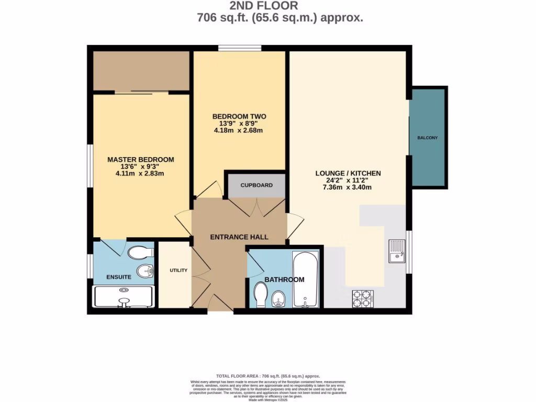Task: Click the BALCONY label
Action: tap(427, 138)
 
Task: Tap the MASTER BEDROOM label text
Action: tap(140, 160)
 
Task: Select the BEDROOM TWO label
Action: tap(239, 116)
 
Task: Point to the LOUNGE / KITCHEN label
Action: tap(348, 173)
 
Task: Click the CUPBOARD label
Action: tap(256, 185)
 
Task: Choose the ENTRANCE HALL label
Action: tap(239, 237)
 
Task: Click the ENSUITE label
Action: tap(119, 277)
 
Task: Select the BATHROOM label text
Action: tap(284, 280)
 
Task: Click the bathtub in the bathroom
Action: tap(304, 280)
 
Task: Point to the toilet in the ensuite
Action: tap(138, 253)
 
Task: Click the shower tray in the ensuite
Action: tap(124, 296)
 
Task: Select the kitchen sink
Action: tap(397, 251)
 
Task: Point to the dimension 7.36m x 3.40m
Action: tap(348, 187)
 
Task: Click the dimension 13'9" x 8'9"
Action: tap(239, 124)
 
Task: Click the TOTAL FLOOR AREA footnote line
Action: tap(268, 376)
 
